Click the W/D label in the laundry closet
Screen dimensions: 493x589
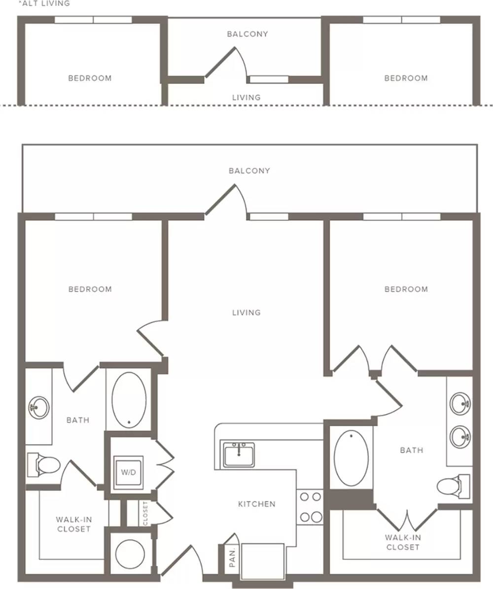128,472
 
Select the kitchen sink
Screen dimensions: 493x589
239,454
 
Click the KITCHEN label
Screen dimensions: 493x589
257,504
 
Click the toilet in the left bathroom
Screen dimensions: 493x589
43,465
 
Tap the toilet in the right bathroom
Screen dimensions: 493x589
453,486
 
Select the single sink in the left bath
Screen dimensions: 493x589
39,407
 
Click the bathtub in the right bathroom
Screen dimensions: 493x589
351,458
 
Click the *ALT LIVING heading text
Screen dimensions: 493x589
44,3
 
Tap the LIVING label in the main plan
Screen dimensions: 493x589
246,312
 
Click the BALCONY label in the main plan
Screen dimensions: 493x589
249,171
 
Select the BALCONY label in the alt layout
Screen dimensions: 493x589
247,34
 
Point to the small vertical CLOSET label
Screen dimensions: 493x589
145,513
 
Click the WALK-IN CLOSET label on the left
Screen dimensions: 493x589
73,524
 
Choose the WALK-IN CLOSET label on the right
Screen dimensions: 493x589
402,542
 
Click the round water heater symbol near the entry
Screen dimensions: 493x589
130,554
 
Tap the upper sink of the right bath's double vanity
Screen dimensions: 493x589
460,404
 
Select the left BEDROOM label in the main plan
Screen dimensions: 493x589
90,289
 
